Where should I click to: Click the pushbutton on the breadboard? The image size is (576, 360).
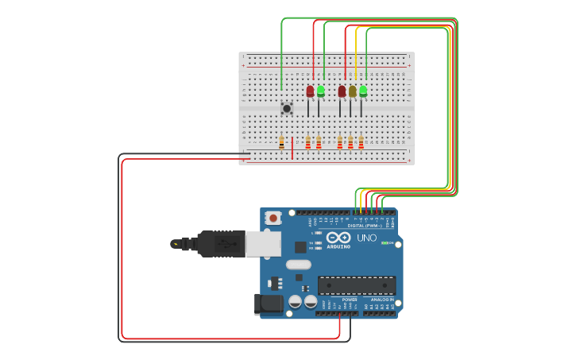point(287,107)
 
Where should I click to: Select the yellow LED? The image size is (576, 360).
point(352,91)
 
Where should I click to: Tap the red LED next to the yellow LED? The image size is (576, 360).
point(342,91)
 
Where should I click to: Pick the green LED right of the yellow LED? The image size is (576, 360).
point(363,91)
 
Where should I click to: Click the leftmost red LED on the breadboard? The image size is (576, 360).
point(310,91)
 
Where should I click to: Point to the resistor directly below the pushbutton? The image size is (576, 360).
point(281,142)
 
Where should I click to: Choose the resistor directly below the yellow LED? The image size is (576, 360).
point(350,142)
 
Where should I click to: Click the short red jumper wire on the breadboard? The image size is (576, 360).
point(292,148)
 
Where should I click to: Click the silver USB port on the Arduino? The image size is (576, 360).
point(263,243)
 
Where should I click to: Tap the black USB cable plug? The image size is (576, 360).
point(222,243)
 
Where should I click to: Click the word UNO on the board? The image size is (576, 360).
point(366,238)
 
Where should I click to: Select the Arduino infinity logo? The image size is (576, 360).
point(338,237)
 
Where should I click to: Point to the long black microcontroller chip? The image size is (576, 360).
point(357,285)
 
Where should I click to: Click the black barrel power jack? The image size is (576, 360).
point(269,303)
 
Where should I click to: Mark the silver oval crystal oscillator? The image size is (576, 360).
point(299,265)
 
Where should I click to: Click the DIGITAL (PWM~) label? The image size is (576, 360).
point(366,226)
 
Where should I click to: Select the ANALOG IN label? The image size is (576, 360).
point(381,300)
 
